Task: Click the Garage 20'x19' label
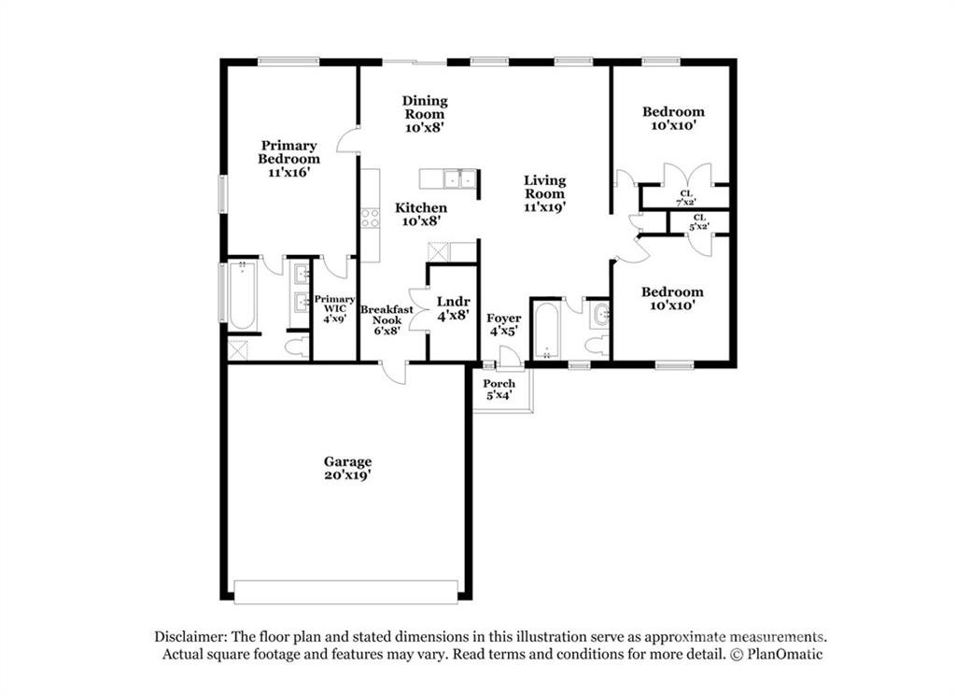[347, 468]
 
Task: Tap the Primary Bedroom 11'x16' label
[288, 159]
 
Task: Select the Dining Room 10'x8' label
[425, 113]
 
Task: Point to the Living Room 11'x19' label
[544, 193]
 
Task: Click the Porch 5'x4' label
[499, 390]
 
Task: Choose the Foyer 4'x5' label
[504, 325]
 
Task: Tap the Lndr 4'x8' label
[453, 309]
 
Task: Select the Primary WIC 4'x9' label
[334, 308]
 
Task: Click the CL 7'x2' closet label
[685, 197]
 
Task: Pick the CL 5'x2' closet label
[699, 221]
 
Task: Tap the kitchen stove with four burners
[370, 219]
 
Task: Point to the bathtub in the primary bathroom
[242, 296]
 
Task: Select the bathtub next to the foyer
[544, 329]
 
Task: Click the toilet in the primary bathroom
[298, 348]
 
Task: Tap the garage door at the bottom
[346, 590]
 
